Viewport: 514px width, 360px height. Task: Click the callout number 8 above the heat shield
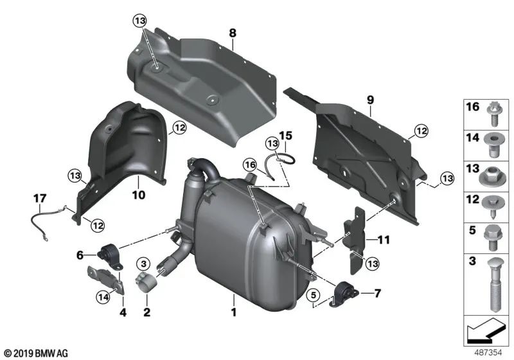coord(233,31)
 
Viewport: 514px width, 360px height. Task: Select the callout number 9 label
coord(369,100)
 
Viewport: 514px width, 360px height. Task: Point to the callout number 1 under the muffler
coord(234,313)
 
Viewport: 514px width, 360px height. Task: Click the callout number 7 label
coord(377,294)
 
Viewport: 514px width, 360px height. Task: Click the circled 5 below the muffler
coord(313,296)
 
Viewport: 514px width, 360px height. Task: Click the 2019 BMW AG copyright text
coord(36,354)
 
